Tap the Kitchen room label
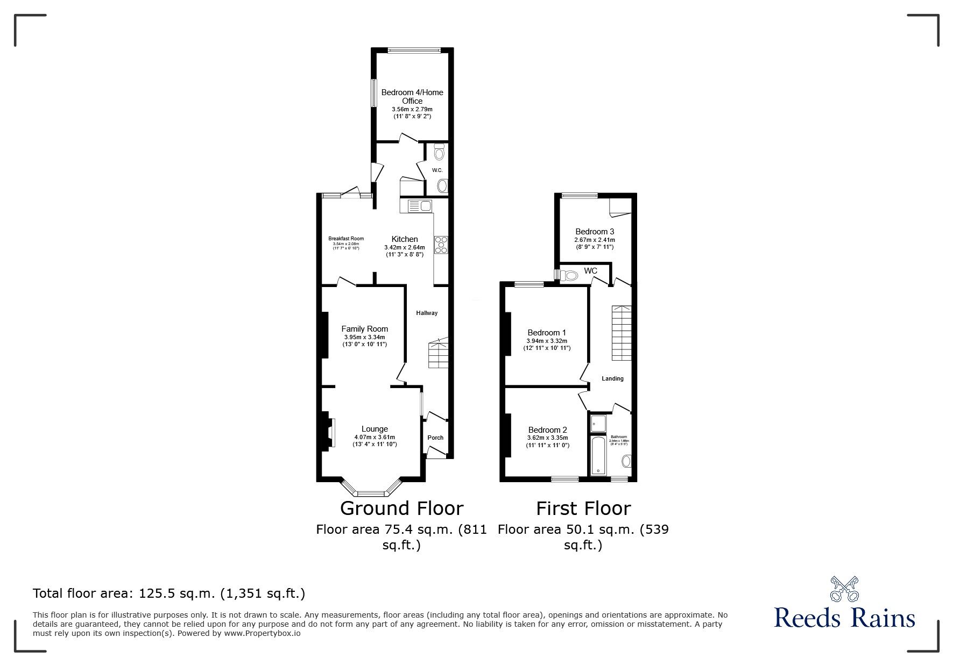point(405,239)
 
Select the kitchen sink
point(420,206)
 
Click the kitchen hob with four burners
point(441,245)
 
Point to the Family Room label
point(364,329)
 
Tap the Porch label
point(435,438)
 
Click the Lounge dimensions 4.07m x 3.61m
point(375,437)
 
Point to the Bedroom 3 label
point(595,232)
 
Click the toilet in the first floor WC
point(568,276)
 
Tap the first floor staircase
point(621,333)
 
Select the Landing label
point(612,378)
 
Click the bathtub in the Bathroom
point(598,456)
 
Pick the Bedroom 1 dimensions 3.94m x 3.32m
point(547,341)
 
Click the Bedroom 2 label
point(547,430)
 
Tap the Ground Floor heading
point(401,508)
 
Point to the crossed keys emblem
point(844,590)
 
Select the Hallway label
point(426,313)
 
